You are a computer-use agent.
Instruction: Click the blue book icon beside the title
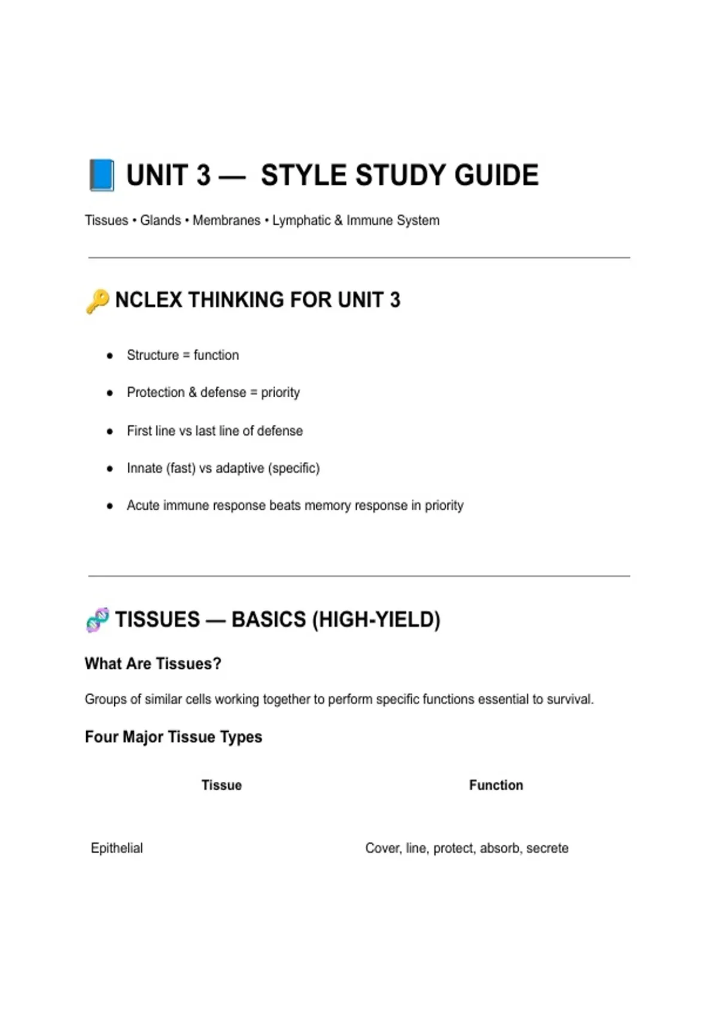tap(102, 175)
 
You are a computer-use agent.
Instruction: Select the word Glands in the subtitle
tap(160, 220)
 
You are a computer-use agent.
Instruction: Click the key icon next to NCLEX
tap(98, 301)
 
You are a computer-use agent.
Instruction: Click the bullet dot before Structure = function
tap(109, 356)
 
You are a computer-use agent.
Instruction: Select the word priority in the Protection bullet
tap(280, 393)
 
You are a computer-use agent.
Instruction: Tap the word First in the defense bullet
tap(139, 431)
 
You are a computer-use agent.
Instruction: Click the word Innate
tap(144, 468)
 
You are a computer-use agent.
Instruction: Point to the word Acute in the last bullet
tap(142, 506)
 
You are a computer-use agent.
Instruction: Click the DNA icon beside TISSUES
tap(98, 620)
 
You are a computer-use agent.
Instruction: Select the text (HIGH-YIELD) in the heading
tap(376, 620)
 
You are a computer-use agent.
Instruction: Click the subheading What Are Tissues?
tap(153, 663)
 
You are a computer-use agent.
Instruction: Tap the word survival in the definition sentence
tap(569, 699)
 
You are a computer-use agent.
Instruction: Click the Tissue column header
tap(221, 785)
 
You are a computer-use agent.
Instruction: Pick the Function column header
tap(495, 785)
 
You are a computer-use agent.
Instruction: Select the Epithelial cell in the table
tap(117, 848)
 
